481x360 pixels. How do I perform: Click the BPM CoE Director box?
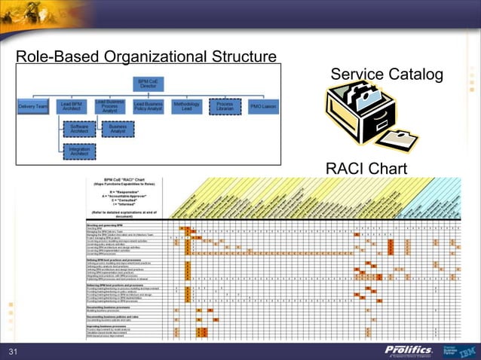pos(148,83)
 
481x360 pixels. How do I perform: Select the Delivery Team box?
pos(33,107)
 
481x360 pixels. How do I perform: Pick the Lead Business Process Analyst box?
pos(110,106)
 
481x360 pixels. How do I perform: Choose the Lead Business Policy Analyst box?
pos(149,107)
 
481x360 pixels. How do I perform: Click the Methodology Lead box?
pos(186,107)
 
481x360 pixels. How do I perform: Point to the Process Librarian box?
pos(225,107)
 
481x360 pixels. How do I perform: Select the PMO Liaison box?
pos(263,107)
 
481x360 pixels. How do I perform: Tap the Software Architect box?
pos(79,130)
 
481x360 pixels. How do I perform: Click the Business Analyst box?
pos(118,130)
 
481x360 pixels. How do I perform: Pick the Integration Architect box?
pos(79,153)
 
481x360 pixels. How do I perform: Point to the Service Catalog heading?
pos(387,74)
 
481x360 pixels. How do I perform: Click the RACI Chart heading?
pos(366,167)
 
